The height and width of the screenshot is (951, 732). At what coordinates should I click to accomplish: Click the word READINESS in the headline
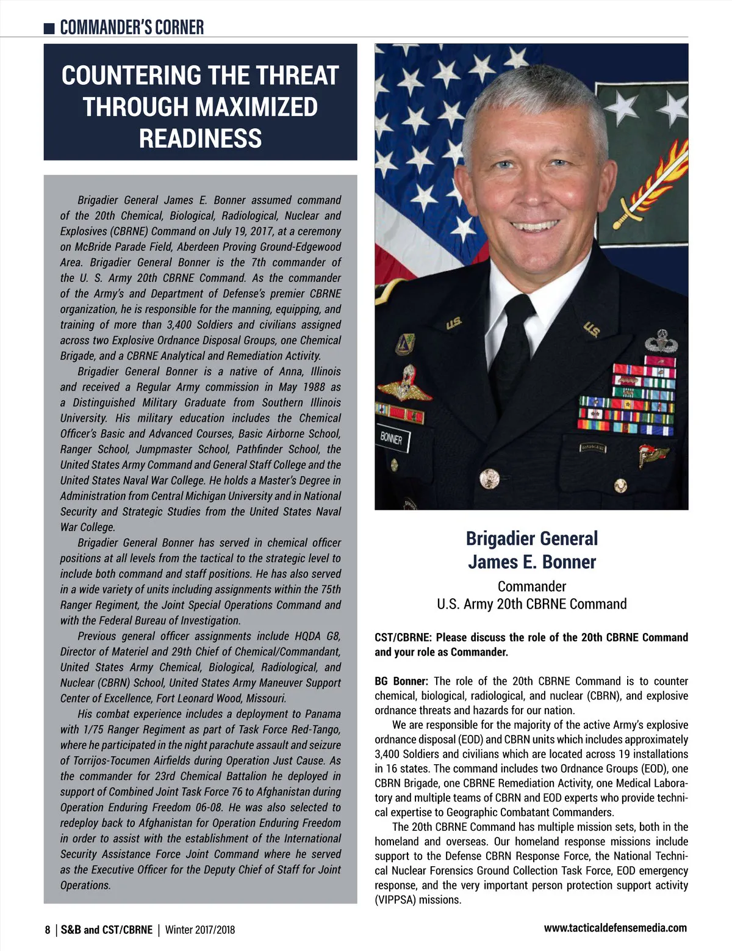(x=200, y=139)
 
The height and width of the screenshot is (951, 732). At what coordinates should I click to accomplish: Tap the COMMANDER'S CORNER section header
(x=132, y=27)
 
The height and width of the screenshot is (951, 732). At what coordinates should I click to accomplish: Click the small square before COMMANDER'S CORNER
(x=50, y=28)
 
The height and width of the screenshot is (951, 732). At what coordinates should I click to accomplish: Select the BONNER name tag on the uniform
(x=392, y=438)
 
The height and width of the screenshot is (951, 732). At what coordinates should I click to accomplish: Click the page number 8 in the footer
(x=48, y=930)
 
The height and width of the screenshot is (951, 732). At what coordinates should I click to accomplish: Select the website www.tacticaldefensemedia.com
(x=615, y=928)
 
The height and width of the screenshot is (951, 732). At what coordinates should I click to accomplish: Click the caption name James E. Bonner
(x=531, y=562)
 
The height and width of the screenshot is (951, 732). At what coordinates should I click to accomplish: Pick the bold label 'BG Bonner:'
(x=401, y=681)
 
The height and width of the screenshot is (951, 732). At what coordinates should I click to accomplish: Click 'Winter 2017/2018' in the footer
(x=199, y=930)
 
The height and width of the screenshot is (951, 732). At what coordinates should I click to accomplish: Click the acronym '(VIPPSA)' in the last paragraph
(x=396, y=900)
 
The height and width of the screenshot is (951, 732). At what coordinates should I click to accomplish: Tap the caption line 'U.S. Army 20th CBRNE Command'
(x=531, y=604)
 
